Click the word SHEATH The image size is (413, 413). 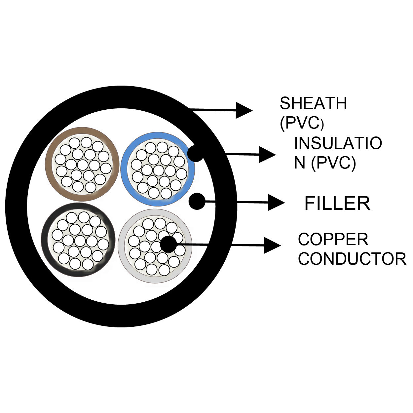(x=313, y=103)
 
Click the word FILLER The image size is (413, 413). (x=337, y=203)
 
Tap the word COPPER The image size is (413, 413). (x=333, y=240)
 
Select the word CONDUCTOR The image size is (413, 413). (x=352, y=259)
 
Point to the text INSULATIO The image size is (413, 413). (x=338, y=143)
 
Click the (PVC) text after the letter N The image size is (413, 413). (x=333, y=163)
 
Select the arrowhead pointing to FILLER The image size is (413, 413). (x=276, y=203)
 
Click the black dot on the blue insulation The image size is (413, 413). (x=196, y=154)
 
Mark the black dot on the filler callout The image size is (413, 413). (x=197, y=201)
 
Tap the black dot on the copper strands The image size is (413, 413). (x=169, y=244)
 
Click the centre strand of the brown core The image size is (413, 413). (x=83, y=165)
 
